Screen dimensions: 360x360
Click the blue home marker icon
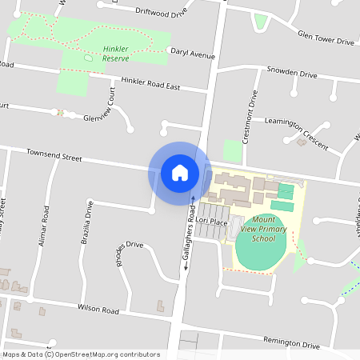tap(179, 172)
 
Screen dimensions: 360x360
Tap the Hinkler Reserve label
tap(122, 53)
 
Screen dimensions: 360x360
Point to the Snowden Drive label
tap(292, 73)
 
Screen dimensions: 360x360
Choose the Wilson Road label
tap(98, 310)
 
